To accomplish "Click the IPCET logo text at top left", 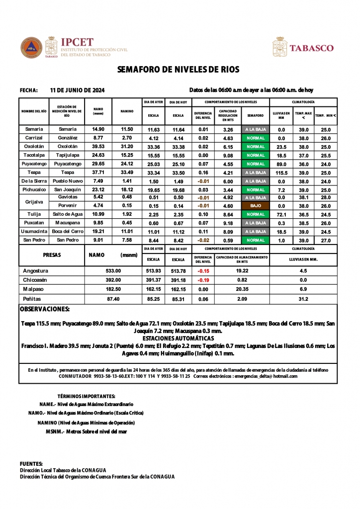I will pos(77,42).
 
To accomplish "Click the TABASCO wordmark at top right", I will pos(311,48).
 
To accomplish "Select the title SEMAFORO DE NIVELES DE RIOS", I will pos(179,70).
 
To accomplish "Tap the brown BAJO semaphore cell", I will pos(255,205).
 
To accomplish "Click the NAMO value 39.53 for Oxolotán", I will pos(98,147).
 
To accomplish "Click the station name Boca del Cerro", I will pos(67,232).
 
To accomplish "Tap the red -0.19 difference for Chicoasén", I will pos(202,280).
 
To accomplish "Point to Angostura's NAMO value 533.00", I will pos(113,271).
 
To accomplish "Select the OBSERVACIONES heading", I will pos(45,309).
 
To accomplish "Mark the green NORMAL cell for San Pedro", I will pos(255,241).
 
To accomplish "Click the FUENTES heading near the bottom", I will pos(31,463).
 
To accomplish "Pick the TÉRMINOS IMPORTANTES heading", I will pos(86,396).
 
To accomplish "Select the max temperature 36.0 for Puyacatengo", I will pos(303,164).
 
